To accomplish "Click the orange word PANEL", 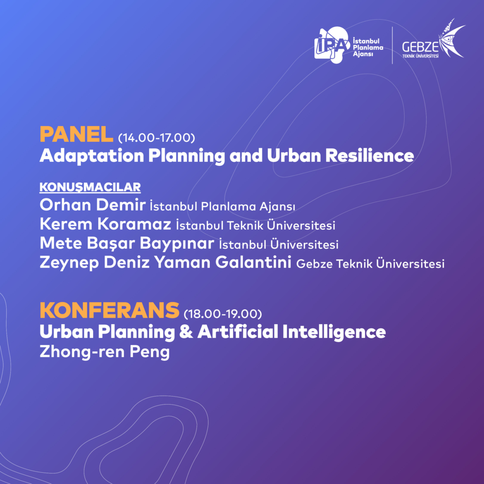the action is coord(76,134).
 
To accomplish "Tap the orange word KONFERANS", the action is coord(109,310).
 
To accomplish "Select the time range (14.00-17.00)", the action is coord(156,138).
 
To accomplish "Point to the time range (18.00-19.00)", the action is coord(223,313).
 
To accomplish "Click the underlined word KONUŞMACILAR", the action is coord(90,187).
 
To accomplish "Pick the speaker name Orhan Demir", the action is coord(93,205).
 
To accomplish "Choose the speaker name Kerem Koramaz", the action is coord(105,224).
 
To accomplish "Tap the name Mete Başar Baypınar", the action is coord(127,243).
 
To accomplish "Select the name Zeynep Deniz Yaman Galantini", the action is coord(165,263).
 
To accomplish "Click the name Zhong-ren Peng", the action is coord(105,352).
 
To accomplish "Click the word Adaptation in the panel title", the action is coord(92,156).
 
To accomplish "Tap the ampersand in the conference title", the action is coord(186,332).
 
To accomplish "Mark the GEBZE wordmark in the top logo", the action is coord(420,47).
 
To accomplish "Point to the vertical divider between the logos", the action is coord(392,46).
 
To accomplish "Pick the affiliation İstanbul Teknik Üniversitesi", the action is coord(256,226).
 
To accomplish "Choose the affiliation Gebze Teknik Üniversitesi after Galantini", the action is coord(370,264).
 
